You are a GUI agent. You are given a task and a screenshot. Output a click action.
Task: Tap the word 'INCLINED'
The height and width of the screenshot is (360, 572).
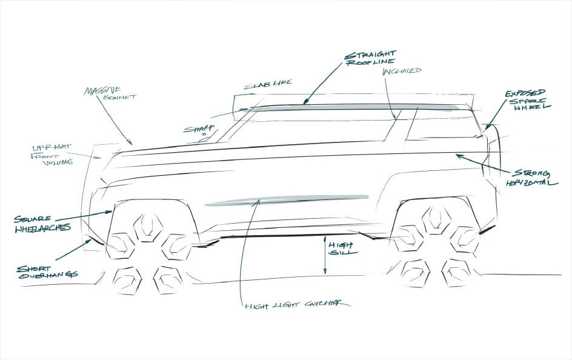tap(402, 72)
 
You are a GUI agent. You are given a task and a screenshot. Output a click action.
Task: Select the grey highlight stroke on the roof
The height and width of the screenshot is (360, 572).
tap(358, 107)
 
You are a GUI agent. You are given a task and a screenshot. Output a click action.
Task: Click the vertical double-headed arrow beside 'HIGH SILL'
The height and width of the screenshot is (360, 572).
tap(325, 255)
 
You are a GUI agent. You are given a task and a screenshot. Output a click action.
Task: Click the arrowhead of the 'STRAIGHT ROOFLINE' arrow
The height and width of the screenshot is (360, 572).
tap(305, 103)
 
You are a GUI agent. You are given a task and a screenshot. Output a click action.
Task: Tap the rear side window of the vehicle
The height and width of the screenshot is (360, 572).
tap(442, 127)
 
